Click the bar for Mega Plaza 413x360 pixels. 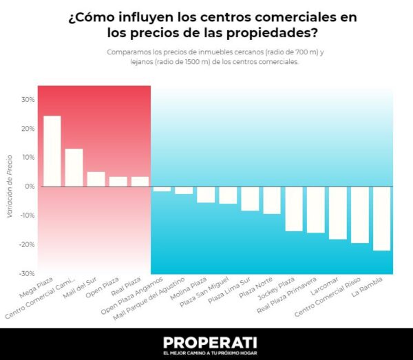[52, 151]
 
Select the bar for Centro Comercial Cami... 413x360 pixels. [74, 167]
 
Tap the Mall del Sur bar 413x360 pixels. [96, 179]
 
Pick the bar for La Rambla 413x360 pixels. [382, 218]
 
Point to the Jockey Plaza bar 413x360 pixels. [294, 209]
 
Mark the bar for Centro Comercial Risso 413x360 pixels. [360, 215]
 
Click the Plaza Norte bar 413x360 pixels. [272, 200]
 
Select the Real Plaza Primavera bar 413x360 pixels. [316, 210]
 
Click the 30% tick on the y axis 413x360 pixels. [28, 99]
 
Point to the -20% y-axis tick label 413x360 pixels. [26, 244]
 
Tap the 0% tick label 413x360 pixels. [29, 187]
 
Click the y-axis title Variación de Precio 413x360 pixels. [10, 187]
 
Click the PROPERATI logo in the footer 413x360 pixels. [206, 341]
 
